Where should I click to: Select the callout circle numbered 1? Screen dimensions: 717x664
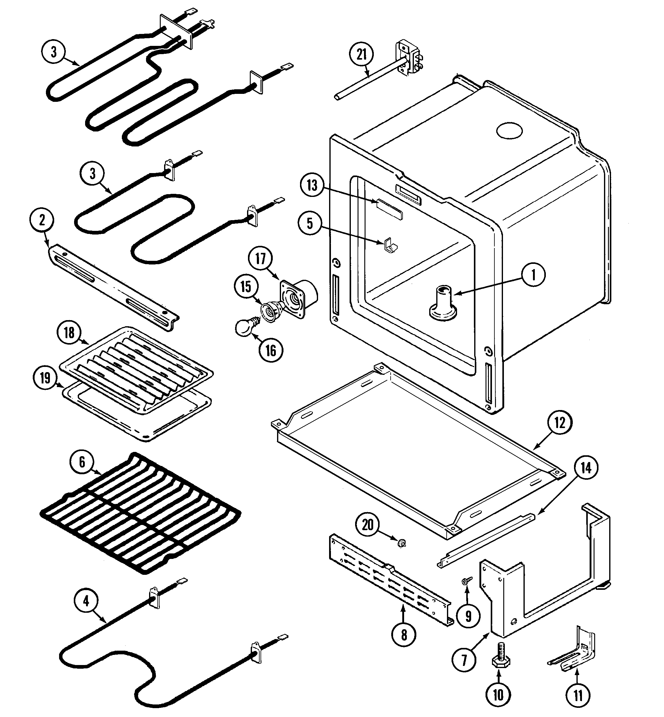coord(533,275)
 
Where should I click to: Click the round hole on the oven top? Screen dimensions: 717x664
coord(509,131)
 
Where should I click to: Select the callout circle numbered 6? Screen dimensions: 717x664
coord(82,462)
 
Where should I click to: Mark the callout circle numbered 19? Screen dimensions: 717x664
coord(45,378)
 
